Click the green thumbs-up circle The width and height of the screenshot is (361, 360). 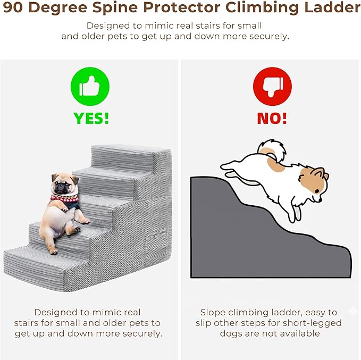(x=90, y=86)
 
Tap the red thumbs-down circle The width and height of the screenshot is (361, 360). (x=272, y=86)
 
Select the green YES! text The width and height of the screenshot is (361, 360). (x=91, y=119)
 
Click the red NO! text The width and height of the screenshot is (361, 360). (x=272, y=119)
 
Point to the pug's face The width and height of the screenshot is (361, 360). (x=63, y=185)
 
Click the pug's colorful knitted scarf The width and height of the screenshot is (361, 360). (x=65, y=199)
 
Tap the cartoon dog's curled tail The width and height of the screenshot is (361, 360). (x=272, y=150)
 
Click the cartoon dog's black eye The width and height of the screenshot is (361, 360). (x=317, y=191)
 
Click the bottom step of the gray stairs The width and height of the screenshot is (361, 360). (x=46, y=263)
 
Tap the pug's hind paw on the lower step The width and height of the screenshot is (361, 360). (x=54, y=252)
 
